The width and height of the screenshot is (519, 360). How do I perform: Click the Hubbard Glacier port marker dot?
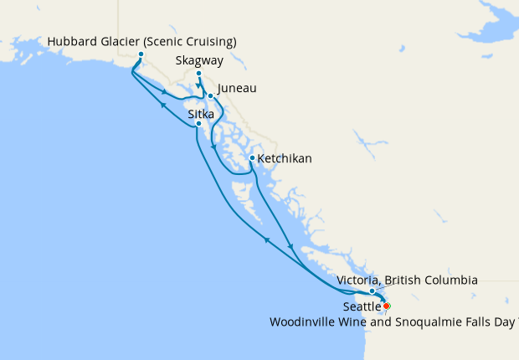point(141,54)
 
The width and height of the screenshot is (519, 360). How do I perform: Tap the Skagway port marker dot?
point(199,74)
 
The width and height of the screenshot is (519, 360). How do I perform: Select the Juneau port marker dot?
point(210,95)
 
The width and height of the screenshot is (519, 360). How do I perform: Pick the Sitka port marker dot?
point(198,124)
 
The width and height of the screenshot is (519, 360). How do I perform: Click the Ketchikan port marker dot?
point(252,157)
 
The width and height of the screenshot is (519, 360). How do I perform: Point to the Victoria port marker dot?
point(373,291)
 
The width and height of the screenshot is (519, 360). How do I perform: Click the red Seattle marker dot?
point(386,306)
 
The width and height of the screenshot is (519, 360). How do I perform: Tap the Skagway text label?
point(200,60)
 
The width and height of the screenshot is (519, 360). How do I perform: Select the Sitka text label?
point(201,113)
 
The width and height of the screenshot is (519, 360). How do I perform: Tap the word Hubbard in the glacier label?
point(71,42)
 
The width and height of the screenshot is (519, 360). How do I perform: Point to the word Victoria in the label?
point(357,280)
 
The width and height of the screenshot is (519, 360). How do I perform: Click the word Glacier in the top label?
point(118,42)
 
